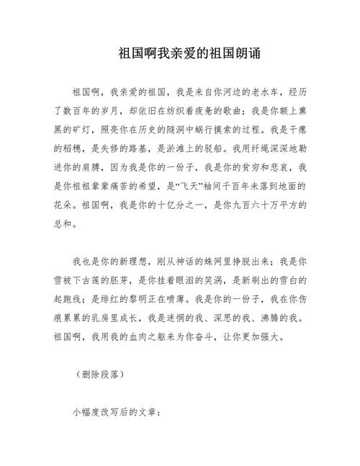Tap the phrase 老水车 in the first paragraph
(248, 93)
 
